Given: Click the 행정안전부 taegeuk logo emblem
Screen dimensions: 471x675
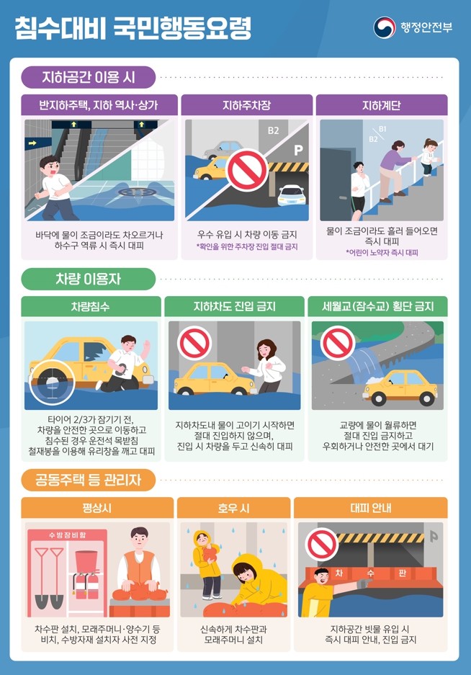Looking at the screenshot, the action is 384,27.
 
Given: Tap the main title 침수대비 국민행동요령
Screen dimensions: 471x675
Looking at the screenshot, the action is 133,28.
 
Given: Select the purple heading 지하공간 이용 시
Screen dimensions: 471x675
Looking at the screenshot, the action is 89,77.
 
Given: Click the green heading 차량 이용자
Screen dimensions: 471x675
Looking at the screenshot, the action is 89,279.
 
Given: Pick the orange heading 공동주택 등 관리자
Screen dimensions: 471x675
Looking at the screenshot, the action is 89,480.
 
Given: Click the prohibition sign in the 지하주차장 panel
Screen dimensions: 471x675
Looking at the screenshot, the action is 247,171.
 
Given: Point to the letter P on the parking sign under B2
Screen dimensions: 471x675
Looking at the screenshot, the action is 298,150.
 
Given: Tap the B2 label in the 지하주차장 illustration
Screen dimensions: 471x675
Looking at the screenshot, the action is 274,130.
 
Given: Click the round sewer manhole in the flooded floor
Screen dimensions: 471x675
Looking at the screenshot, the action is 136,192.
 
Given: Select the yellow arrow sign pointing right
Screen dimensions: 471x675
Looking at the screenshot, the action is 32,143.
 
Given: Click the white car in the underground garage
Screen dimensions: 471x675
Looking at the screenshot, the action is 292,195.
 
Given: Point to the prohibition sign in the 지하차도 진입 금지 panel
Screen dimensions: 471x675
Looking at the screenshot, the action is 194,343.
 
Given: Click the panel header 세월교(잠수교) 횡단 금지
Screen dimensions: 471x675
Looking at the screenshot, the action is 377,306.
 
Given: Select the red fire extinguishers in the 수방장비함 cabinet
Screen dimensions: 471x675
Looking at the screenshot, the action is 86,586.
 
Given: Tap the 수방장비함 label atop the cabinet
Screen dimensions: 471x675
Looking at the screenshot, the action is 67,535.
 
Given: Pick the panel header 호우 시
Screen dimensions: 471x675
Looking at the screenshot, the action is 234,508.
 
